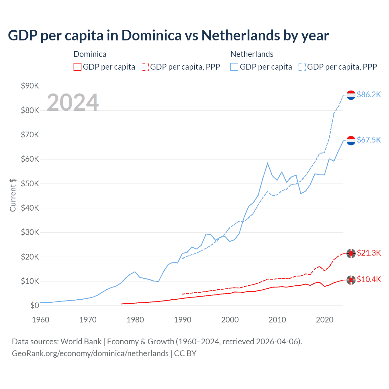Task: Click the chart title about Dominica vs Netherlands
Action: [x=168, y=36]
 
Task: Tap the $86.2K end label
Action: [x=369, y=95]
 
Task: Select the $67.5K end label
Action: [x=369, y=140]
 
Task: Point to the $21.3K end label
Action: [x=369, y=253]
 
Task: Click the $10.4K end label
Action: [x=369, y=279]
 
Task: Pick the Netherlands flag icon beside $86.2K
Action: [x=351, y=95]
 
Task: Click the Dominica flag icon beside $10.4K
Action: [x=351, y=280]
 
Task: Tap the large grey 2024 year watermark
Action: [x=73, y=102]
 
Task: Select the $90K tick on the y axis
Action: [x=30, y=86]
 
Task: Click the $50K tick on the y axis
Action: [x=30, y=184]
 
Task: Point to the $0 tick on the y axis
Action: [x=34, y=305]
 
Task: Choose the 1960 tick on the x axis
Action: [x=40, y=320]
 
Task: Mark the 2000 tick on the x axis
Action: [x=230, y=320]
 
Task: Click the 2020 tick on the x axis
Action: [x=325, y=320]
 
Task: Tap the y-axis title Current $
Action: [x=13, y=195]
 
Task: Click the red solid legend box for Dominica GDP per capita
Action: [x=77, y=67]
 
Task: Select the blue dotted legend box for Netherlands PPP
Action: [x=302, y=67]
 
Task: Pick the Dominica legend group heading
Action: [x=90, y=54]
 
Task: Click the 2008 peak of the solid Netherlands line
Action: [x=267, y=163]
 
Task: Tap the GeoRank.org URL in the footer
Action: [x=90, y=353]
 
